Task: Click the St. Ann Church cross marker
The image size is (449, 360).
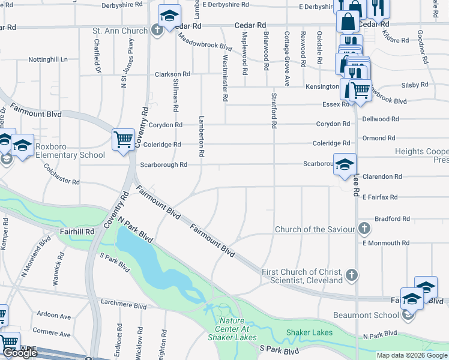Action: pyautogui.click(x=157, y=29)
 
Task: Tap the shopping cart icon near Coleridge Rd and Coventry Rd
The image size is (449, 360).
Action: pyautogui.click(x=122, y=139)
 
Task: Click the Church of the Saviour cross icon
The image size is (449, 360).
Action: pyautogui.click(x=364, y=229)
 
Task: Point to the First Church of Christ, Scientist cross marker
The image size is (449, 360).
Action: pyautogui.click(x=352, y=276)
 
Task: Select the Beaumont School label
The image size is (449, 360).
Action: pyautogui.click(x=367, y=315)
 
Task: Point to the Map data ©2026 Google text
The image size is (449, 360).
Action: pyautogui.click(x=412, y=355)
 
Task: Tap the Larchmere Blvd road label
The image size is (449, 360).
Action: pyautogui.click(x=124, y=305)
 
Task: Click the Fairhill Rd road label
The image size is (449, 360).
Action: pyautogui.click(x=77, y=231)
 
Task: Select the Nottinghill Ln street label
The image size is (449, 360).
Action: pyautogui.click(x=48, y=60)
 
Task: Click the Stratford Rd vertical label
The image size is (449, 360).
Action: pyautogui.click(x=274, y=110)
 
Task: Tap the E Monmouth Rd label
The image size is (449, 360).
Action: pyautogui.click(x=385, y=243)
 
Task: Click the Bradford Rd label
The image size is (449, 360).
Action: pyautogui.click(x=391, y=219)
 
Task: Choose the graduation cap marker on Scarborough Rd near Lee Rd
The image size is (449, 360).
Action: pyautogui.click(x=345, y=164)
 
